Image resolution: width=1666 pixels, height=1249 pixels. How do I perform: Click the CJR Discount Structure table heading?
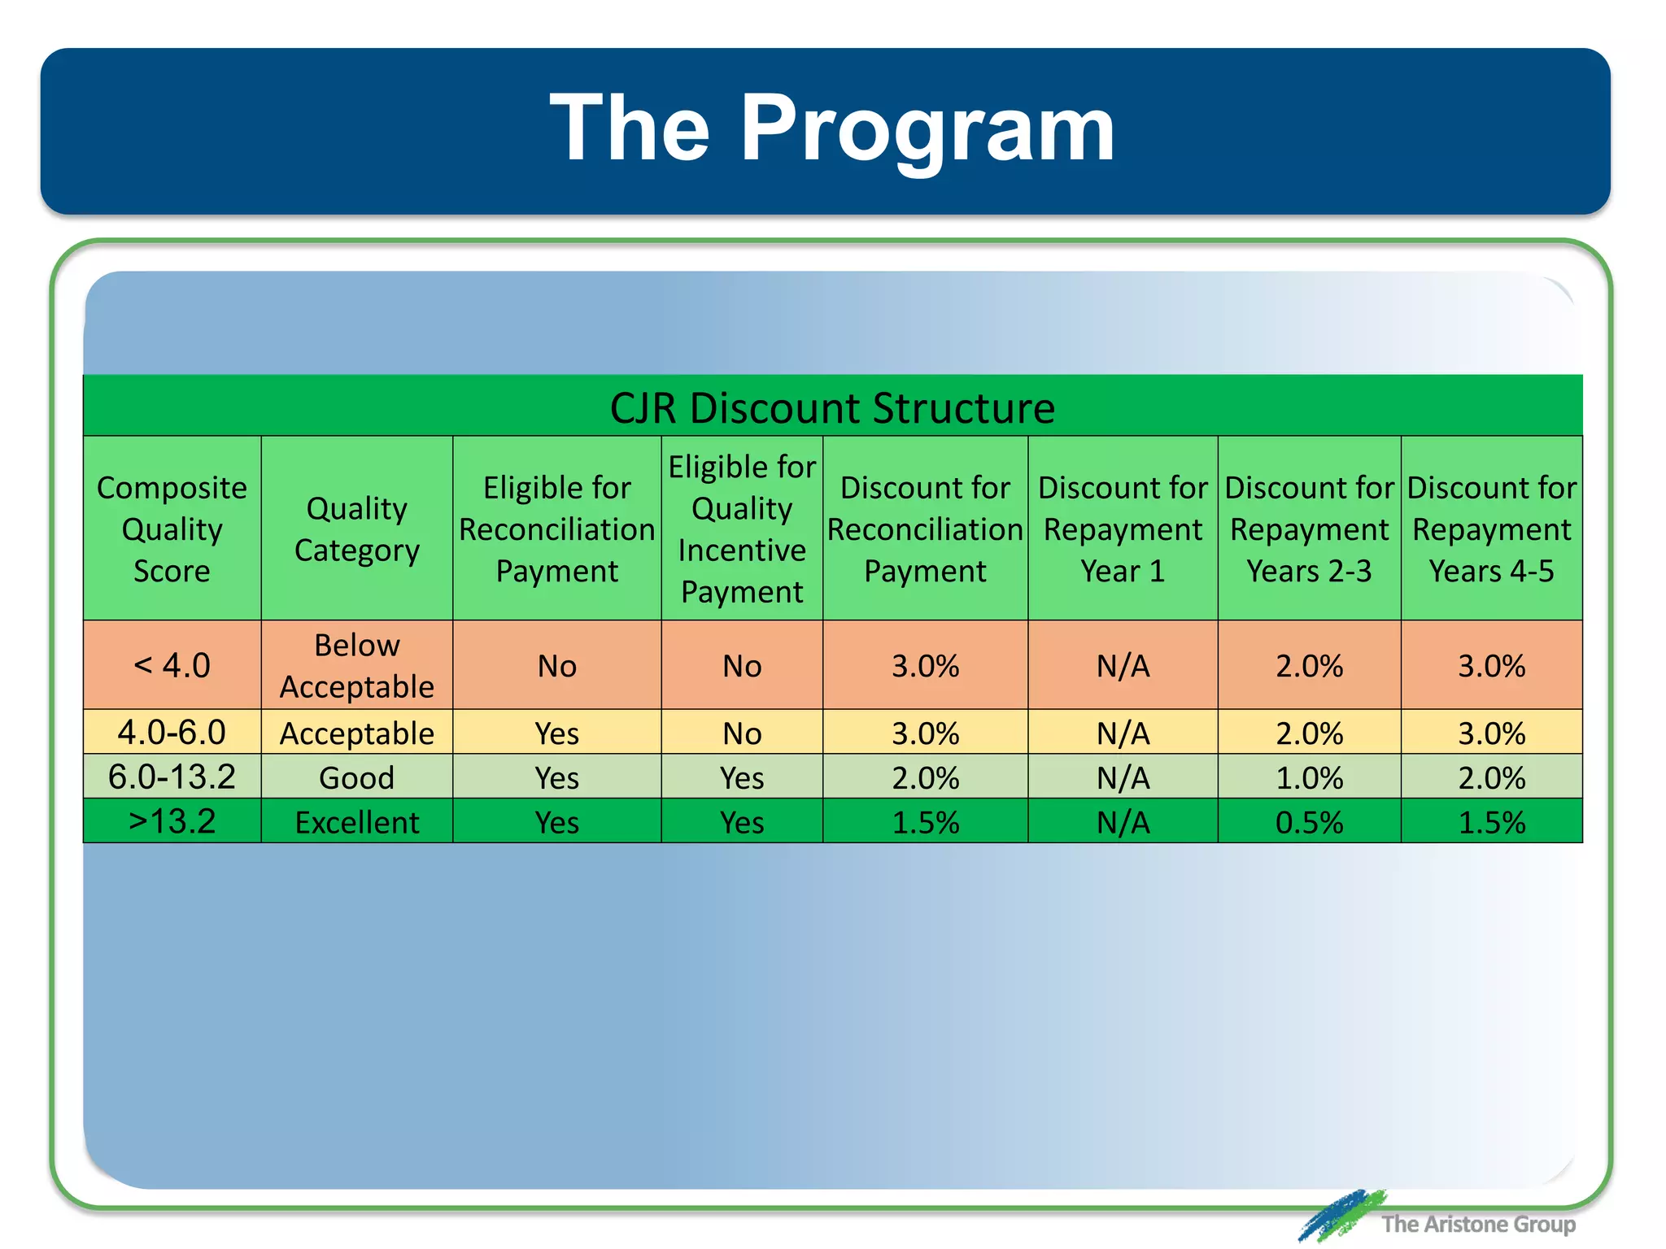pyautogui.click(x=832, y=407)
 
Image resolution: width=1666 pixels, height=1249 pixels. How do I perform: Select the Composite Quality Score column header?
pyautogui.click(x=172, y=529)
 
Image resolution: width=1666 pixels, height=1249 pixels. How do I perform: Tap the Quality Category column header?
pyautogui.click(x=356, y=529)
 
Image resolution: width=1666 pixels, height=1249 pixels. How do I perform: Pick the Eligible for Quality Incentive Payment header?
pyautogui.click(x=742, y=529)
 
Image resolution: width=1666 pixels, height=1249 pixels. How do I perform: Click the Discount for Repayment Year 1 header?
pyautogui.click(x=1123, y=529)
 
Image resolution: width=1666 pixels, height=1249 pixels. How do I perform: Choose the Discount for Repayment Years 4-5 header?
pyautogui.click(x=1491, y=529)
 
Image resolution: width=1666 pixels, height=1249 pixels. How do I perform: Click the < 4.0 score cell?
pyautogui.click(x=172, y=665)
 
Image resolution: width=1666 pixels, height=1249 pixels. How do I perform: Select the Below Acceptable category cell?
pyautogui.click(x=356, y=665)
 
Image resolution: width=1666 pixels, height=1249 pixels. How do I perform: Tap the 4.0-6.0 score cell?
pyautogui.click(x=172, y=733)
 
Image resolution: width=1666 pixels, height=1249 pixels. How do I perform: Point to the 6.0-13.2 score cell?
pyautogui.click(x=172, y=777)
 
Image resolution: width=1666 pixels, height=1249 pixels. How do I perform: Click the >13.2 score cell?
pyautogui.click(x=172, y=821)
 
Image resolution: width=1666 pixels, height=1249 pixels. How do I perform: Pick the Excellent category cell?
pyautogui.click(x=356, y=822)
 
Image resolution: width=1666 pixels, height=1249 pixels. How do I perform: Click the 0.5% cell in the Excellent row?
pyautogui.click(x=1309, y=822)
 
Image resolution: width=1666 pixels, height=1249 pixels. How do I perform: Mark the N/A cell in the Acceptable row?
pyautogui.click(x=1123, y=733)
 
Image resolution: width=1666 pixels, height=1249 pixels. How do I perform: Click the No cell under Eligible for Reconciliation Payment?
pyautogui.click(x=557, y=666)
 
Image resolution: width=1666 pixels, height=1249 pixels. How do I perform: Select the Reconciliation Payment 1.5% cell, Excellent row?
pyautogui.click(x=925, y=822)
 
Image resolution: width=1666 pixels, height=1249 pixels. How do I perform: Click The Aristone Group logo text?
pyautogui.click(x=1477, y=1224)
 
